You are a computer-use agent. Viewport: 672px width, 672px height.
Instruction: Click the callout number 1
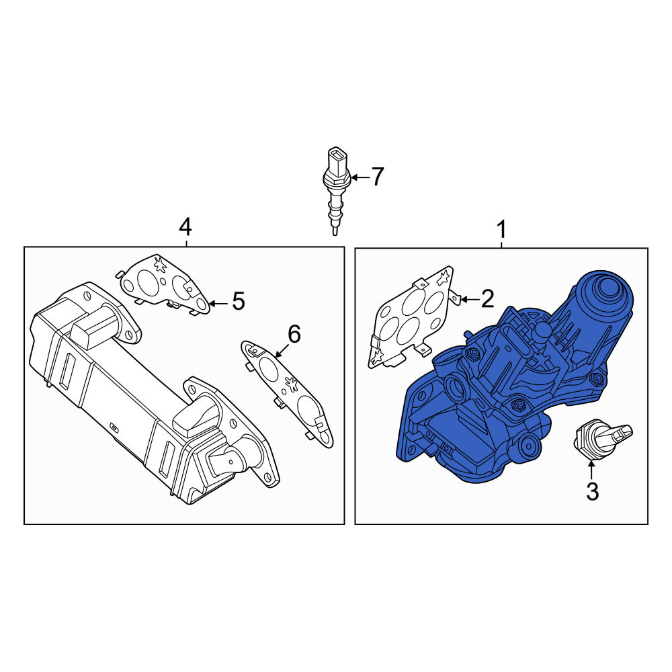pos(501,229)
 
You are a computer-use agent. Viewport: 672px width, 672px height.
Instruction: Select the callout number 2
pos(488,299)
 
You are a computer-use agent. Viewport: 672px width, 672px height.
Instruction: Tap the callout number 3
pos(592,492)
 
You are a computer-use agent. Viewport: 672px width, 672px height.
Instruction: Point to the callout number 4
pos(185,227)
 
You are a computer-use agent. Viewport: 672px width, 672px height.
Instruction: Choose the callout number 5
pos(239,301)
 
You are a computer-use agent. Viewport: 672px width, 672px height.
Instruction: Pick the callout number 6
pos(294,334)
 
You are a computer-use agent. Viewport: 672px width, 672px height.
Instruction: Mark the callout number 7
pos(377,177)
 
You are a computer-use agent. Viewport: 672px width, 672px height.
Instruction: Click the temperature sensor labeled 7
pos(337,190)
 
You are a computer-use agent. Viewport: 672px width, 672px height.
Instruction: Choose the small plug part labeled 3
pos(602,438)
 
